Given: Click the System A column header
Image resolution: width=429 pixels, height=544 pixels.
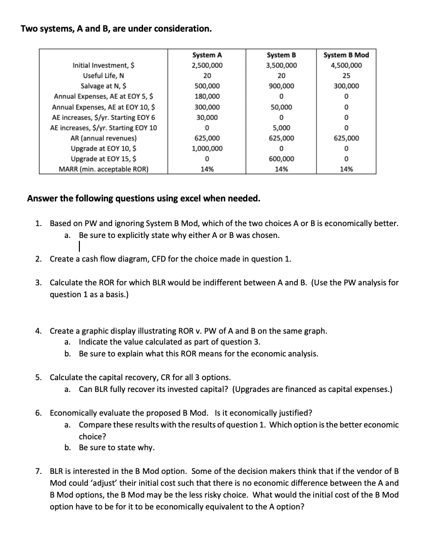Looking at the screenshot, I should click(207, 55).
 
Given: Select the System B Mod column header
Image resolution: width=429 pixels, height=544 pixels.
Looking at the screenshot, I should click(346, 55).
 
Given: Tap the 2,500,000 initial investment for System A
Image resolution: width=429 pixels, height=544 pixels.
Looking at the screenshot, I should click(207, 65).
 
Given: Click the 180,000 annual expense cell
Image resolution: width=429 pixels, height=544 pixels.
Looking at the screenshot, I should click(207, 96).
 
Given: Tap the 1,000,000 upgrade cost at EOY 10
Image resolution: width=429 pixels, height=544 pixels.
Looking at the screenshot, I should click(207, 148).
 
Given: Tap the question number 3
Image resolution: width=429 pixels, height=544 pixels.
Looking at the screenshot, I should click(38, 283).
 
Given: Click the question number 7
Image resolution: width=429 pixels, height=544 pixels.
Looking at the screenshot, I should click(38, 471).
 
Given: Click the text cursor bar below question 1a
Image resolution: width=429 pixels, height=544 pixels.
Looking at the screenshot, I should click(79, 246).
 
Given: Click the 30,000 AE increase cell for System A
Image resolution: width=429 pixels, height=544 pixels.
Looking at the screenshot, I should click(207, 117).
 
